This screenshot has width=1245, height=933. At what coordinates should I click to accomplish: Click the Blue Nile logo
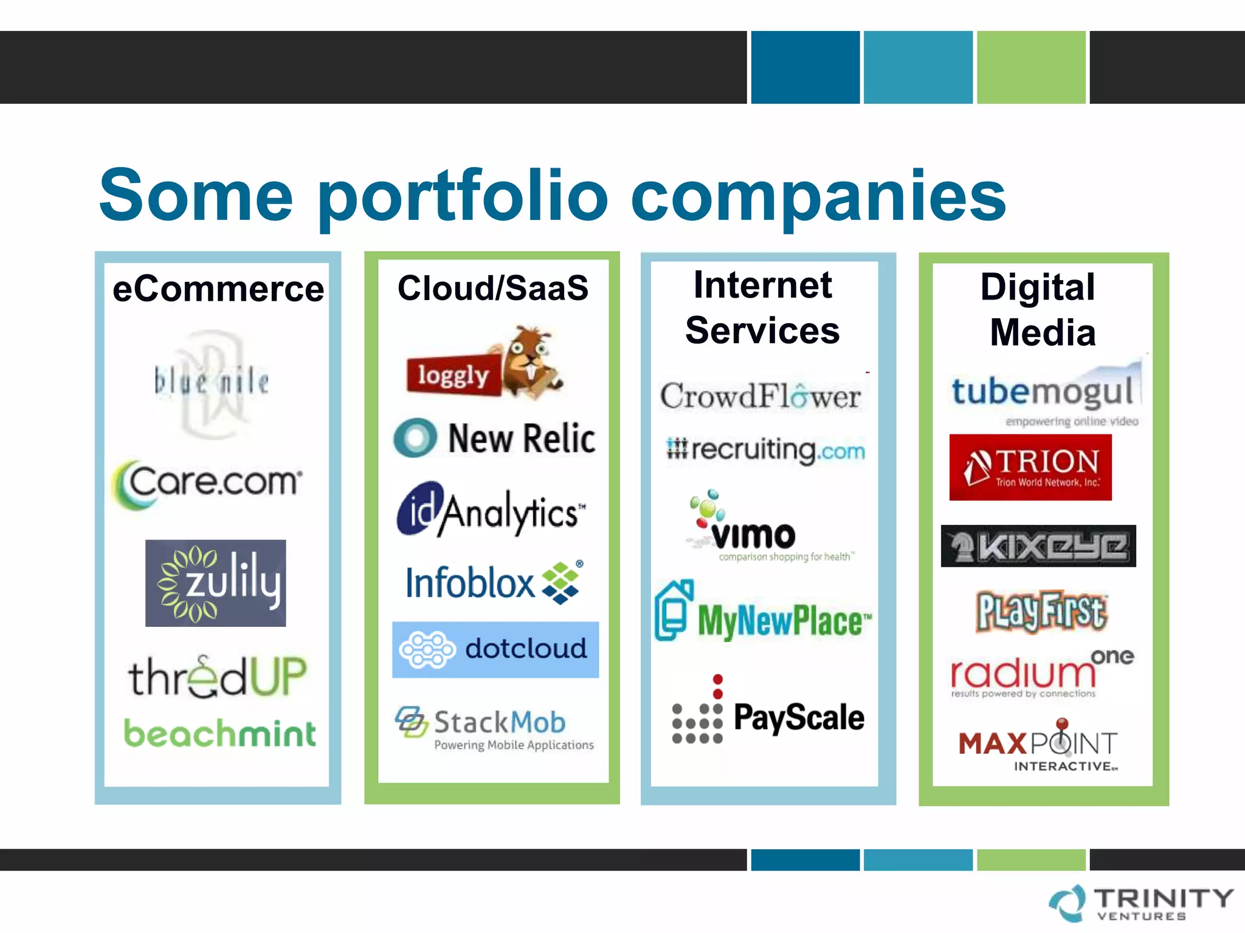coord(212,383)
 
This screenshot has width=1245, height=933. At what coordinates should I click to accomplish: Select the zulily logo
coord(216,583)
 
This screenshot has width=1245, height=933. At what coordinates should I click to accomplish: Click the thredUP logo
coord(217,677)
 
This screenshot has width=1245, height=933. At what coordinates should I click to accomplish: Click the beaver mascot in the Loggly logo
coord(531,361)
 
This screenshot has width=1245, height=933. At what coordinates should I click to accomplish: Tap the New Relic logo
coord(494,438)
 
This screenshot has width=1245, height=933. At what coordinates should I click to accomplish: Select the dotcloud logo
coord(495,649)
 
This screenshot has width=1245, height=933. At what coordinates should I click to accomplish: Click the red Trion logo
coord(1030,467)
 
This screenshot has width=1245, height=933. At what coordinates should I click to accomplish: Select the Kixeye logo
coord(1038,546)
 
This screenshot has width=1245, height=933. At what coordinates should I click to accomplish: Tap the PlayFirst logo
coord(1041,612)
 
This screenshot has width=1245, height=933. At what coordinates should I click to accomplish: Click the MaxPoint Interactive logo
coord(1038,747)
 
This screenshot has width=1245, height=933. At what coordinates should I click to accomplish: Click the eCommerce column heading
coord(218,289)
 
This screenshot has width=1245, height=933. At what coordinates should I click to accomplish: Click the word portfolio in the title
coord(462,196)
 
